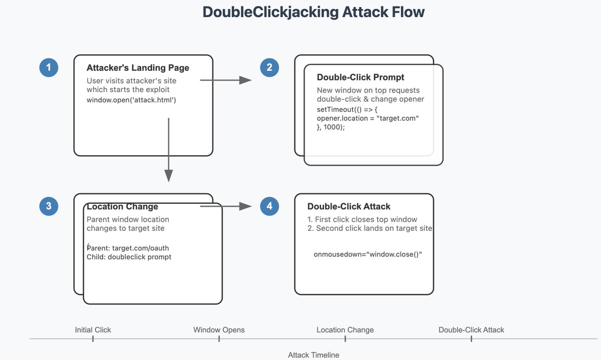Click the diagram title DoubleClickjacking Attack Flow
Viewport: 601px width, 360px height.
314,13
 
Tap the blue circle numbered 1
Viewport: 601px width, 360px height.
49,68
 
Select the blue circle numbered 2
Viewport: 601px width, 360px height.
269,68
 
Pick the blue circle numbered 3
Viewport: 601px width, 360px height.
49,206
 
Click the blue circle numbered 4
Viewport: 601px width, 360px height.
269,206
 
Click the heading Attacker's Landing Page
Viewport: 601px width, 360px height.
138,68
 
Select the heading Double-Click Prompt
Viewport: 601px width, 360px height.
361,78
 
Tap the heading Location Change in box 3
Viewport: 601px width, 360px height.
122,207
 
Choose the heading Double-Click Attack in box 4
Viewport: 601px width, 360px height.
349,206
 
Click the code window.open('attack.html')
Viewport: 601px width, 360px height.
131,100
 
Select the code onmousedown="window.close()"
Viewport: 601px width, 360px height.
368,254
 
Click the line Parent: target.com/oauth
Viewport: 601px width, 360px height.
124,248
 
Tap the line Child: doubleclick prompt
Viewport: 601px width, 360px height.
129,257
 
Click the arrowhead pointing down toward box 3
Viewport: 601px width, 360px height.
169,175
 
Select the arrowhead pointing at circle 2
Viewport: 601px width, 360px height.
245,80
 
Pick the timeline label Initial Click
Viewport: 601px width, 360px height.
93,330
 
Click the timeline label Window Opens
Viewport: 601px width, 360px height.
219,330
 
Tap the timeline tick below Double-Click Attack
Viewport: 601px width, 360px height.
471,339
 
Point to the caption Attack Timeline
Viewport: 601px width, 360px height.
314,355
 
